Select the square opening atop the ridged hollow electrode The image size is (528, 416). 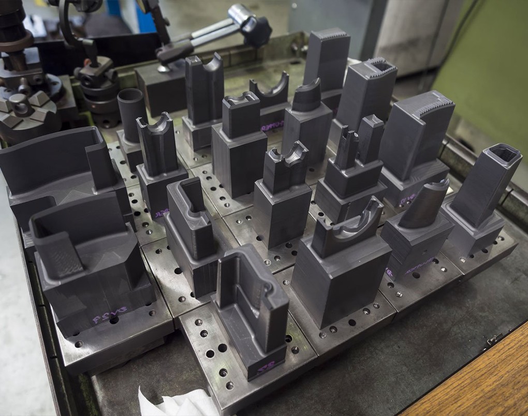point(382,66)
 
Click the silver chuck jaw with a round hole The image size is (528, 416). point(20,103)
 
